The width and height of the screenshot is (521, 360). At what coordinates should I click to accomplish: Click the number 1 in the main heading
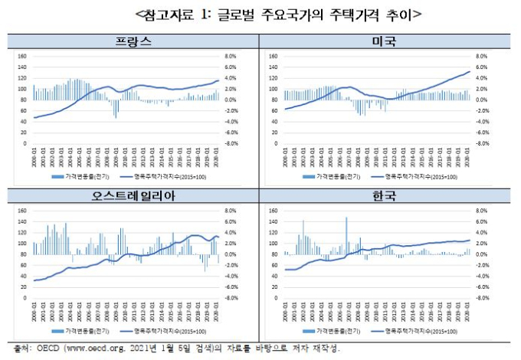tap(206, 14)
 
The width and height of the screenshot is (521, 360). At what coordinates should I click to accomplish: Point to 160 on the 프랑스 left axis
tap(22, 56)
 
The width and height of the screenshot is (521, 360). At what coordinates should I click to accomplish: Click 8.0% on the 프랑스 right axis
tap(228, 56)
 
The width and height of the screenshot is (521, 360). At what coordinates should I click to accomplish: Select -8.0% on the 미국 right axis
tap(481, 142)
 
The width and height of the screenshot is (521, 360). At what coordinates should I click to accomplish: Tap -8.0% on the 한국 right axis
tap(481, 298)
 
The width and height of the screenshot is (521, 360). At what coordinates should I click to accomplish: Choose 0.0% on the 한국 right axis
tap(481, 254)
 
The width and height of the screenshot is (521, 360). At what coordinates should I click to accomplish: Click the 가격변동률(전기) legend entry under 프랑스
tap(83, 177)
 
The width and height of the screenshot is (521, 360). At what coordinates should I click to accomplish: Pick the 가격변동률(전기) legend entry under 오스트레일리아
tap(83, 332)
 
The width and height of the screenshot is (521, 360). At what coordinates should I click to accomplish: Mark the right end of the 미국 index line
tap(470, 71)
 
